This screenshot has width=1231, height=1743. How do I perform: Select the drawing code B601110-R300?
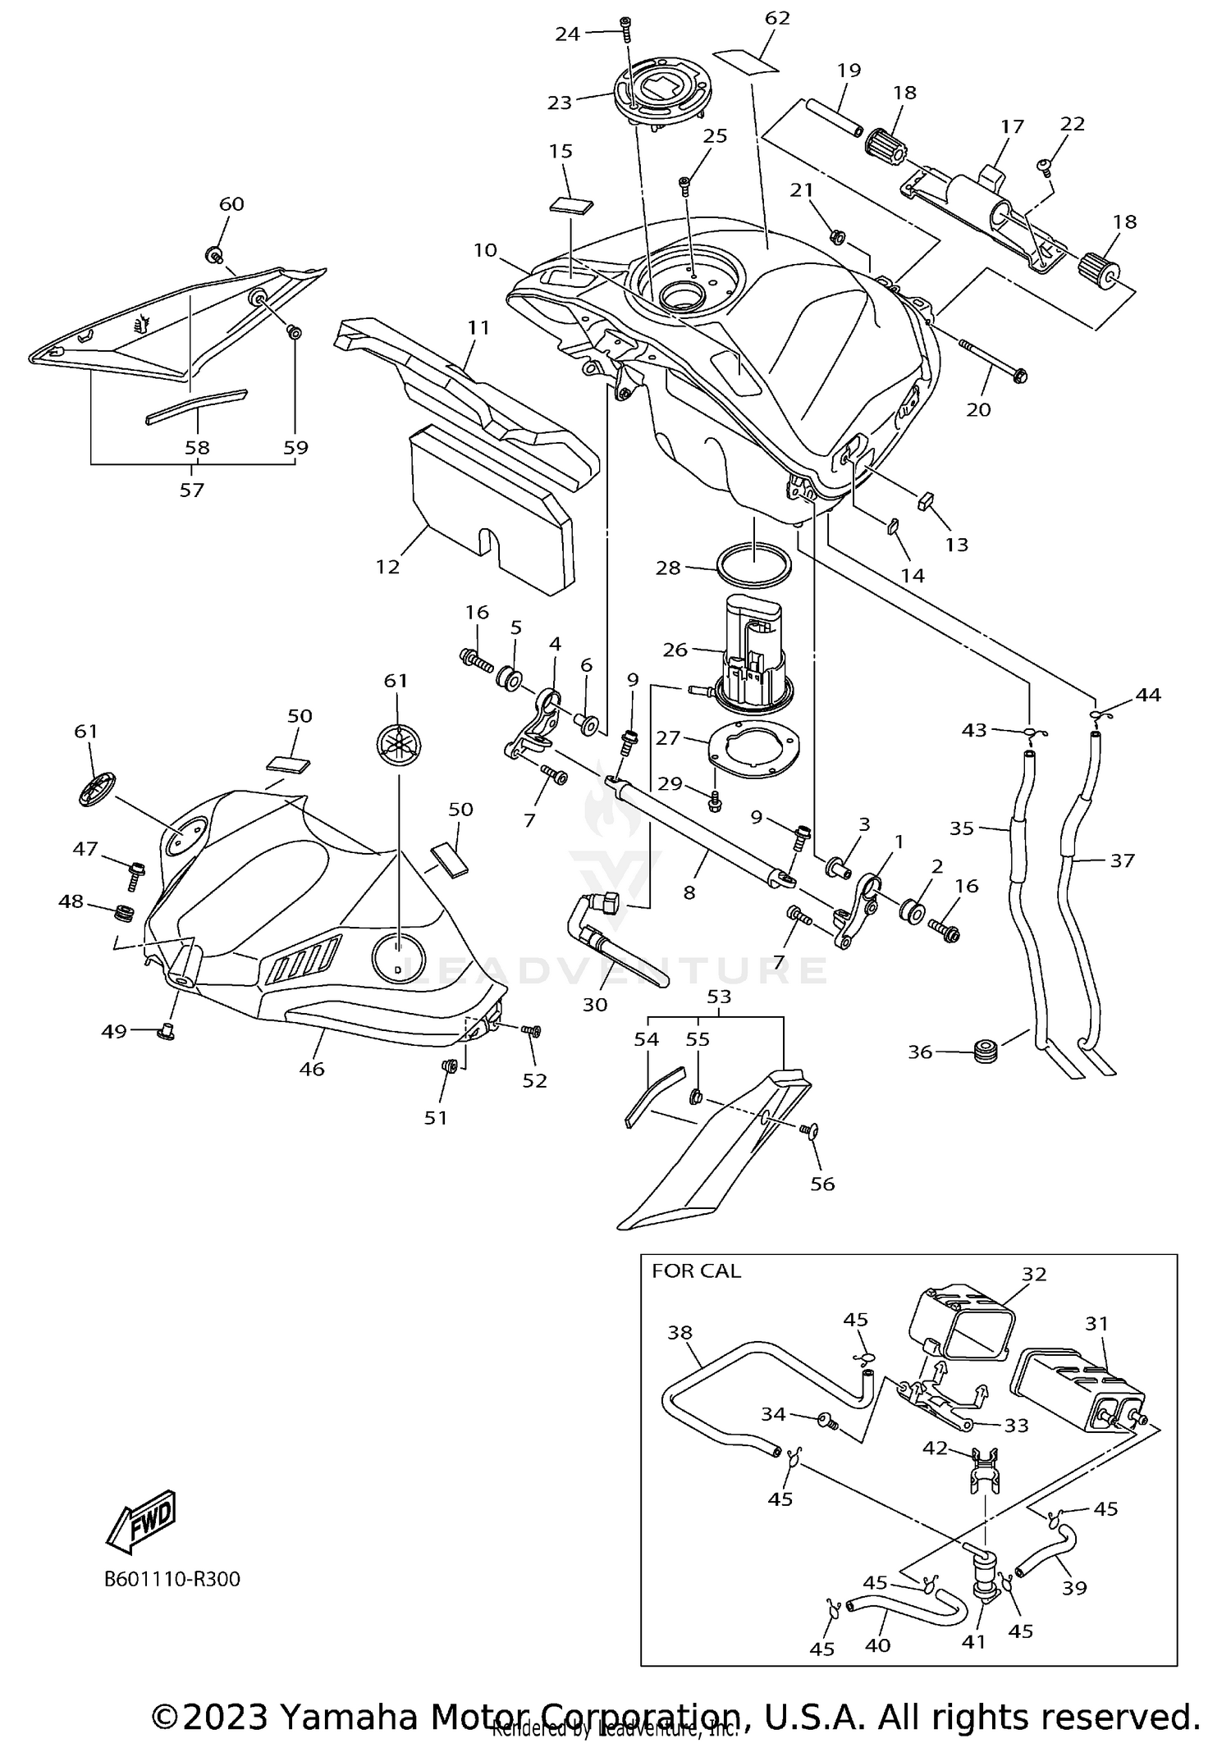[x=172, y=1579]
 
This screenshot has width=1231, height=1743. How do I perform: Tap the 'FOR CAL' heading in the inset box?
[x=696, y=1271]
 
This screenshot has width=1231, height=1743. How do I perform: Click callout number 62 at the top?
[x=776, y=18]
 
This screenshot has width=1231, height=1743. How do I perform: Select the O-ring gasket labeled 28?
[x=755, y=564]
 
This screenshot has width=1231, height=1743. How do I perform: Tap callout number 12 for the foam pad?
[x=387, y=566]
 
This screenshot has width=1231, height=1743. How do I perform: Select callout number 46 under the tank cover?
[x=312, y=1069]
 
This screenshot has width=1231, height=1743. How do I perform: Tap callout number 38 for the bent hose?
[x=680, y=1333]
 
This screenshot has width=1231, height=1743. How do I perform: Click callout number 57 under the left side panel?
[x=191, y=490]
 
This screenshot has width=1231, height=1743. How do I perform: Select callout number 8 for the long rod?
[x=689, y=892]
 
